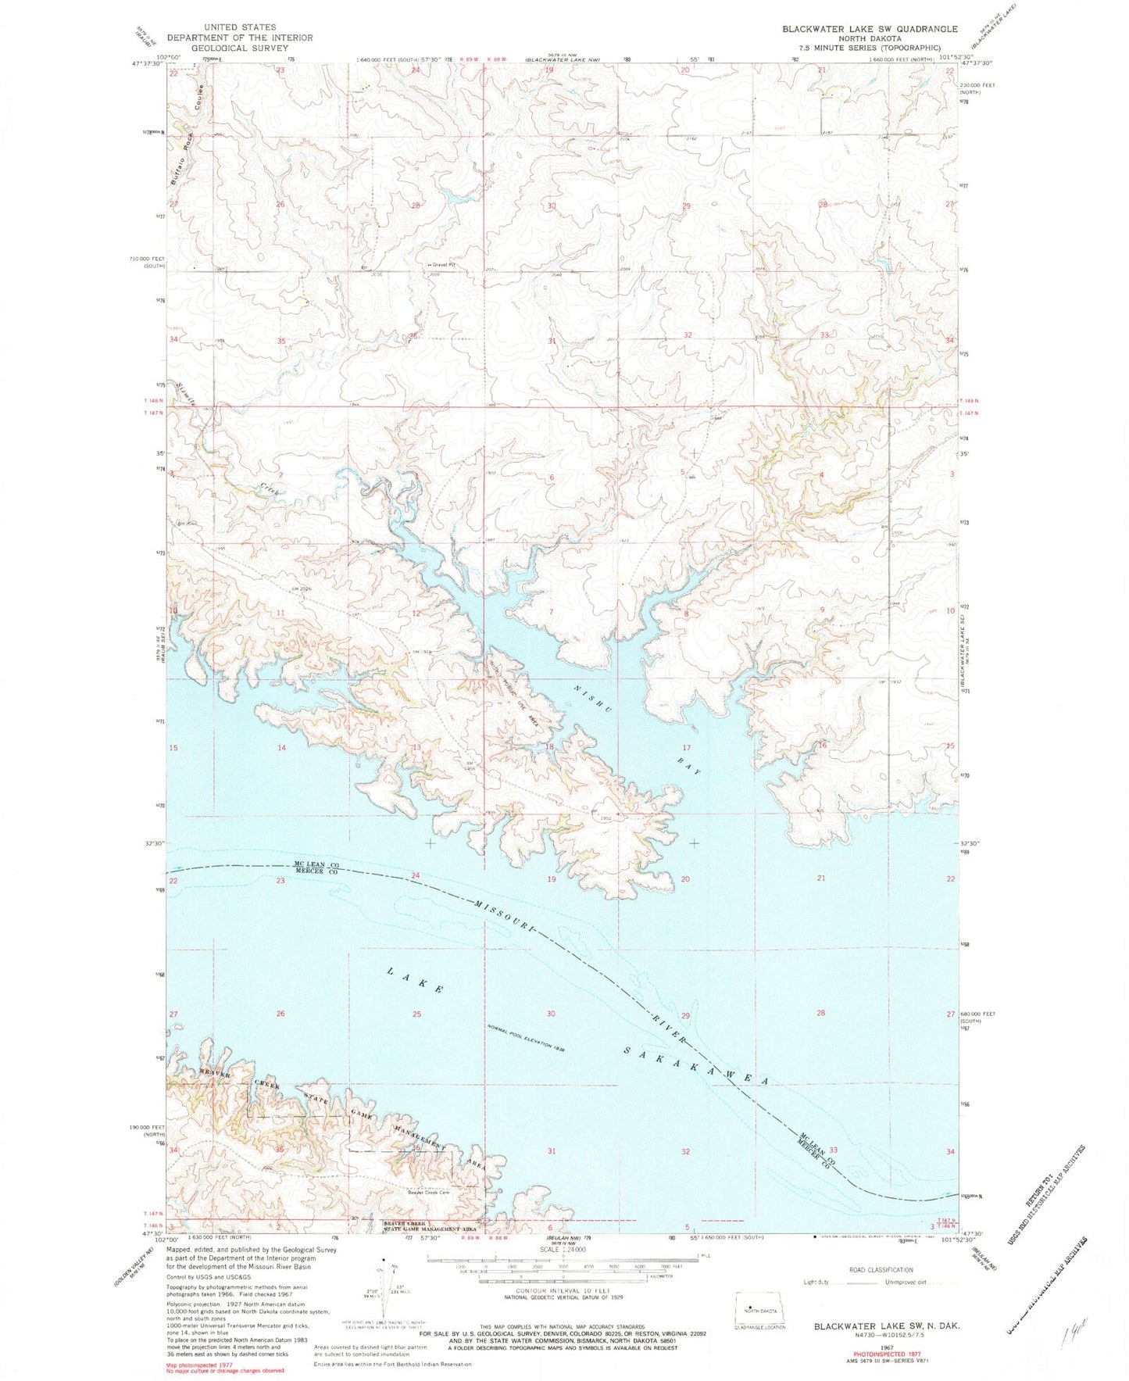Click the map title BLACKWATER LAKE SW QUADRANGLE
click(870, 29)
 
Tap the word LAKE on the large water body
click(416, 980)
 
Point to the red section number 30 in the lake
click(551, 1014)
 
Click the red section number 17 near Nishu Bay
click(686, 748)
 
